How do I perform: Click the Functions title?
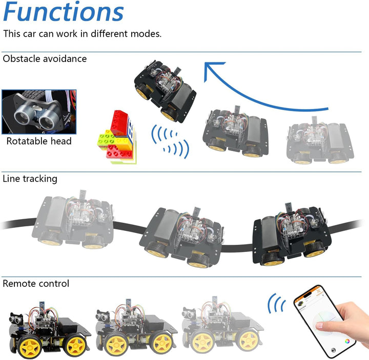pos(64,12)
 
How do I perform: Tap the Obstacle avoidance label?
pos(45,59)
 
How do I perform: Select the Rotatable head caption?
pos(39,141)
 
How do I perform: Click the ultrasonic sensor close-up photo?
pos(39,112)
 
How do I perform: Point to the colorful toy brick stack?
pos(117,137)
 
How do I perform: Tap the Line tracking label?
pos(30,179)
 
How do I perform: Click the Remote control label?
pos(36,283)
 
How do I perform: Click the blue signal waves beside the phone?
pos(277,305)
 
